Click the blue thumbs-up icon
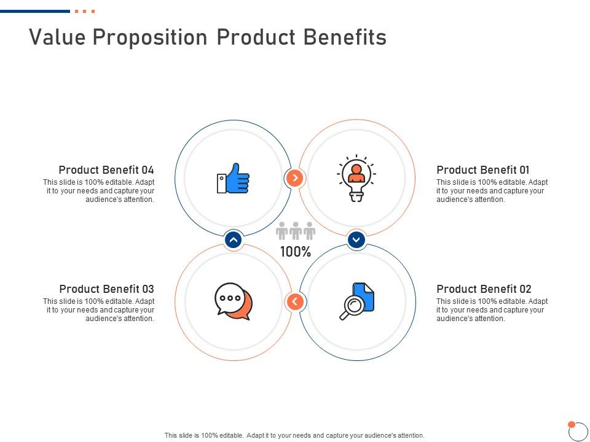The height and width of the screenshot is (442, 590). tap(234, 179)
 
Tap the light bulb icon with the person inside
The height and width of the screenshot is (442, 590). tap(356, 178)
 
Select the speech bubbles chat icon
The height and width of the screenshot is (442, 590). tap(234, 301)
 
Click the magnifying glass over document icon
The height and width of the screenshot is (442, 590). tap(357, 301)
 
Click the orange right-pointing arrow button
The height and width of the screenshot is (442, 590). tap(295, 178)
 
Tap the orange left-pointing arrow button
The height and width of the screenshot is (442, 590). tap(295, 301)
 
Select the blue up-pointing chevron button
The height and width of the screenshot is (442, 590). tap(234, 240)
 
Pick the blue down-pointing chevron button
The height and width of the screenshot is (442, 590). tap(356, 240)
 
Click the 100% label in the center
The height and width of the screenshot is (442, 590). tap(296, 252)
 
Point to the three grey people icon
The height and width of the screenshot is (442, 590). tap(296, 231)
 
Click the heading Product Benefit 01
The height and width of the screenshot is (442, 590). tap(482, 170)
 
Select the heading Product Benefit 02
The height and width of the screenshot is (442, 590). tap(484, 289)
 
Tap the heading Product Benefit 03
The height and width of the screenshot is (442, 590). tap(106, 289)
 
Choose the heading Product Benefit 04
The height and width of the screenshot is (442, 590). tap(106, 170)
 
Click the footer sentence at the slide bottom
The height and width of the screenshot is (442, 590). tap(294, 435)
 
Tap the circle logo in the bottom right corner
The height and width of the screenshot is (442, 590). tap(578, 431)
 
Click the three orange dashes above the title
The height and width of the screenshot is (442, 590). tap(85, 11)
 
